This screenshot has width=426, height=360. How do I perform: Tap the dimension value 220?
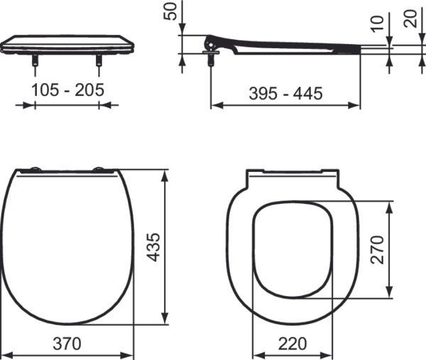(292, 343)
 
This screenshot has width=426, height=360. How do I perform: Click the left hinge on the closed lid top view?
(31, 170)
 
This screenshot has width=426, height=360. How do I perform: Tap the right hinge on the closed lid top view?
(102, 170)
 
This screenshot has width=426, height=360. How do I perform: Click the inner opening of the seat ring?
(292, 249)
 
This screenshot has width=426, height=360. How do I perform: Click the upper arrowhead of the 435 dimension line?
(165, 174)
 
